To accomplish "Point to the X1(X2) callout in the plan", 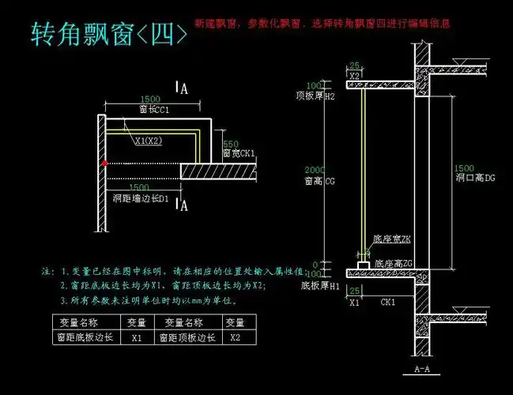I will tap(149, 141).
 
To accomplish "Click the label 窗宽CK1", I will tap(238, 153).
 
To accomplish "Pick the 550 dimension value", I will tap(230, 144).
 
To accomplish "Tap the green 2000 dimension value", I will tap(315, 171).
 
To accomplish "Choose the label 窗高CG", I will tap(319, 181).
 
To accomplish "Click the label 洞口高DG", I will tap(474, 178).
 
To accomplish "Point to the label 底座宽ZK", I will tap(392, 239).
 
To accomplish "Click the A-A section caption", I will tap(422, 369).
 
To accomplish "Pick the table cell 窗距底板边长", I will tap(84, 337).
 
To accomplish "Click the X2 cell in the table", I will tap(235, 337).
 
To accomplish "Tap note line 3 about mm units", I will tap(149, 301).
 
